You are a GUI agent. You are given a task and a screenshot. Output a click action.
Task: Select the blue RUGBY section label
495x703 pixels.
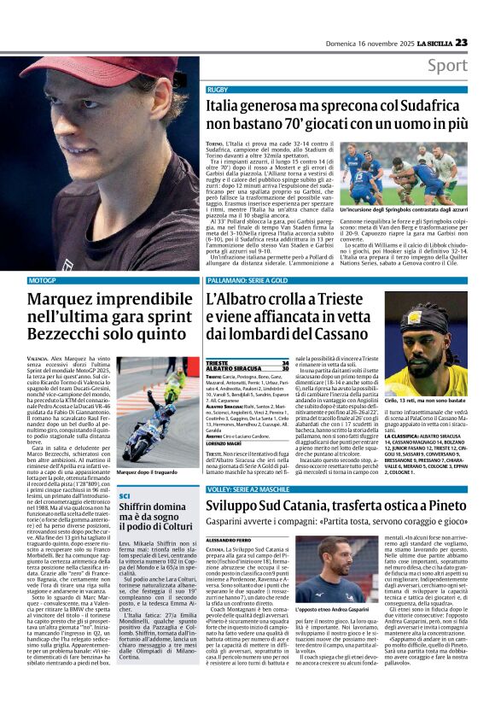pos(217,90)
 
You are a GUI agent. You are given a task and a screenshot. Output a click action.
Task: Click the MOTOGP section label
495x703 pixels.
pos(42,280)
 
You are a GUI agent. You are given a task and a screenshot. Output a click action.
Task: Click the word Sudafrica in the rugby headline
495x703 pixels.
pos(422,105)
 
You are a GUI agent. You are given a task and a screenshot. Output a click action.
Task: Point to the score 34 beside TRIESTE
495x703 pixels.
pos(286,362)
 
